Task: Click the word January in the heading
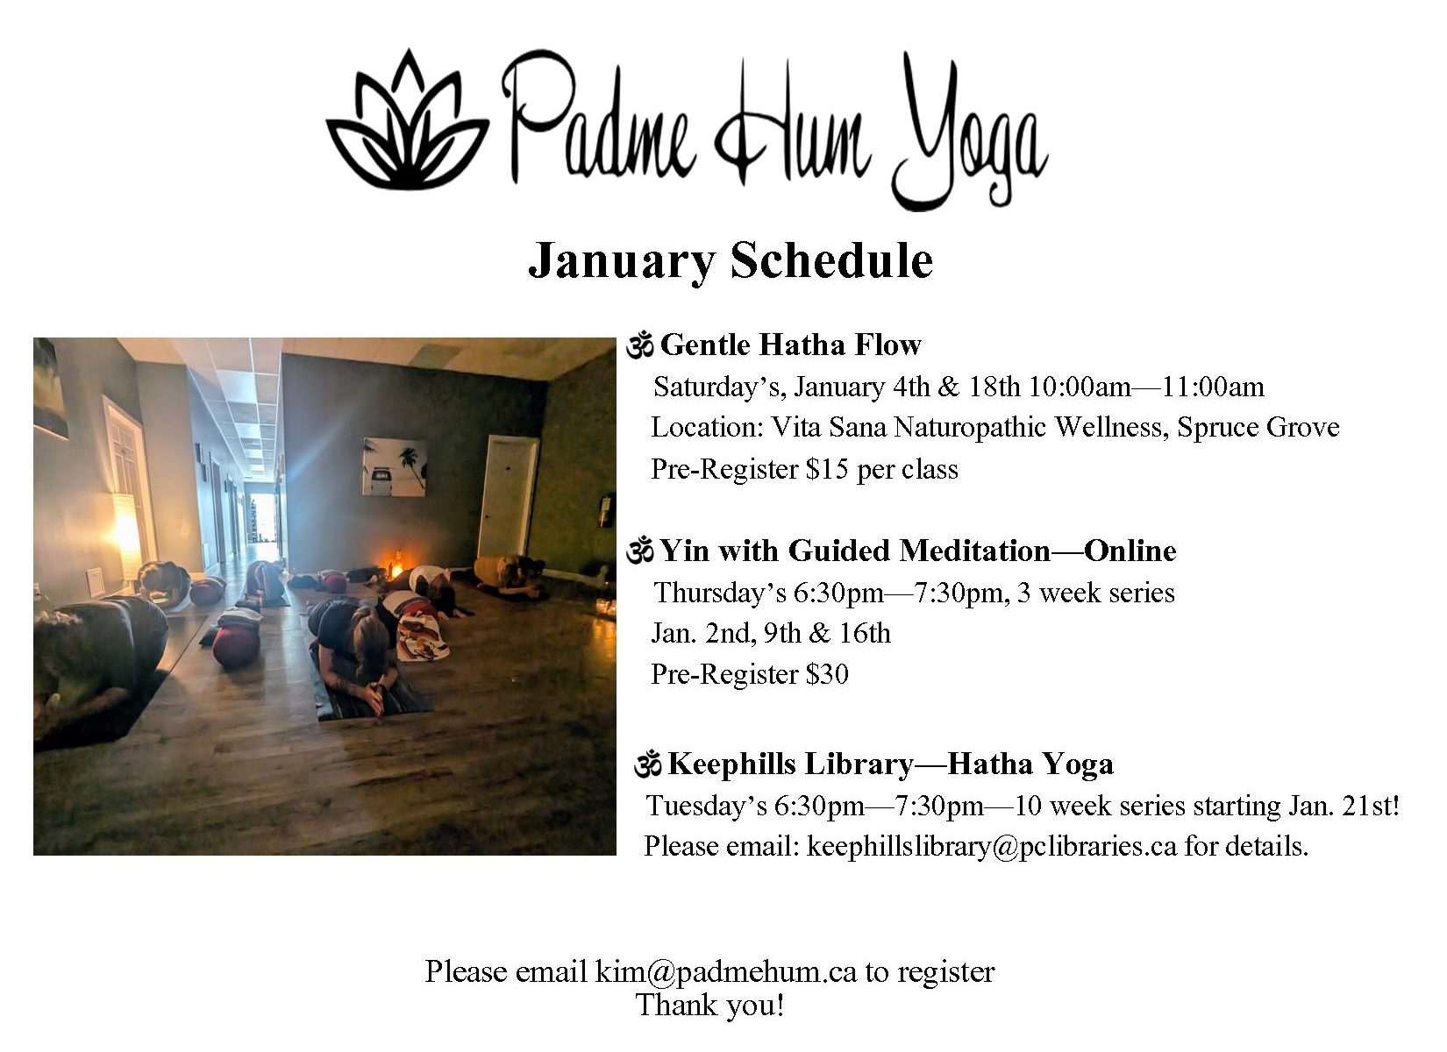pos(622,261)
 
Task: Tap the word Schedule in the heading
pos(831,259)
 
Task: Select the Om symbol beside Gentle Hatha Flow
pos(639,345)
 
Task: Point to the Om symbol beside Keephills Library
pos(647,764)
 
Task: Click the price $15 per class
pos(881,469)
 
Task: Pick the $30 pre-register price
pos(827,674)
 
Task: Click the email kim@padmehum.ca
pos(726,970)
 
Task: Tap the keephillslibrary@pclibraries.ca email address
pos(992,846)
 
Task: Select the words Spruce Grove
pos(1258,427)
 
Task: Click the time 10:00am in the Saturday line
pos(1080,387)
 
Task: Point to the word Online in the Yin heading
pos(1130,551)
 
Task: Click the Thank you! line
pos(710,1005)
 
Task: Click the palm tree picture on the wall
pos(394,466)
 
